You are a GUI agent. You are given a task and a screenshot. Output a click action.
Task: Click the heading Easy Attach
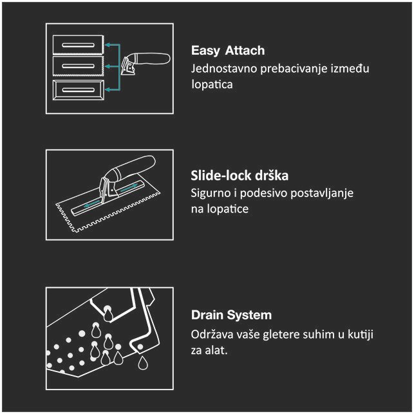228,50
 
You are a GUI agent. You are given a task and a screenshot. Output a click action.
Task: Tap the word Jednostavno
224,68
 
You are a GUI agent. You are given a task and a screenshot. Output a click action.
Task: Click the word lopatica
212,84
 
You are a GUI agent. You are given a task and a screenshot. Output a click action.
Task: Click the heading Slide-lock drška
240,176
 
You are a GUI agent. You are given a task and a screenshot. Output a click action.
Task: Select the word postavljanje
322,193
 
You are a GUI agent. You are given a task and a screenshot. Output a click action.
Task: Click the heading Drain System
231,315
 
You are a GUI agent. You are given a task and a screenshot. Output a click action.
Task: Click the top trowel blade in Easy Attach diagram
78,44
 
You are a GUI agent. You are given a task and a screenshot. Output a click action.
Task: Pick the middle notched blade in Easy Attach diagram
78,66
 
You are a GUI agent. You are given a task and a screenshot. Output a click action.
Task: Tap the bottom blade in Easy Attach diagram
79,89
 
